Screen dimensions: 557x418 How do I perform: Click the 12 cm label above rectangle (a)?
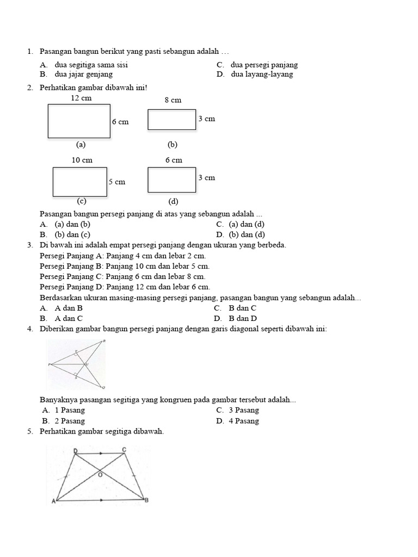point(81,98)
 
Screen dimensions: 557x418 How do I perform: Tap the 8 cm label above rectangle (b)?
point(173,100)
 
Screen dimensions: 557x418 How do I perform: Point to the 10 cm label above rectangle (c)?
point(82,160)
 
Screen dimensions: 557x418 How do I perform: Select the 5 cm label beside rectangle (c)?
point(117,182)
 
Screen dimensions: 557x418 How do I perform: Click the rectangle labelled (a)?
point(79,121)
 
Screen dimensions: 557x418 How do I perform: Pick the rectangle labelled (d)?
point(172,180)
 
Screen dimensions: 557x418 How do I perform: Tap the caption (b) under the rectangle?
point(173,145)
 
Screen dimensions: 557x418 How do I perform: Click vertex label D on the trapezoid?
point(75,450)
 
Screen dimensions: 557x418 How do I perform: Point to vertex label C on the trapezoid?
point(124,449)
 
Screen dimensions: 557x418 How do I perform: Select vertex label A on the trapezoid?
point(54,502)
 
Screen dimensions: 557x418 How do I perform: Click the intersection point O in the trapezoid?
point(100,474)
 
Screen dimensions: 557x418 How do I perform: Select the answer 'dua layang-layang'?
point(262,74)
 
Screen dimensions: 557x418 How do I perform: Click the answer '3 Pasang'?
point(243,410)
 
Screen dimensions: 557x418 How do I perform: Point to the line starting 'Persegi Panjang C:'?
point(122,276)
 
